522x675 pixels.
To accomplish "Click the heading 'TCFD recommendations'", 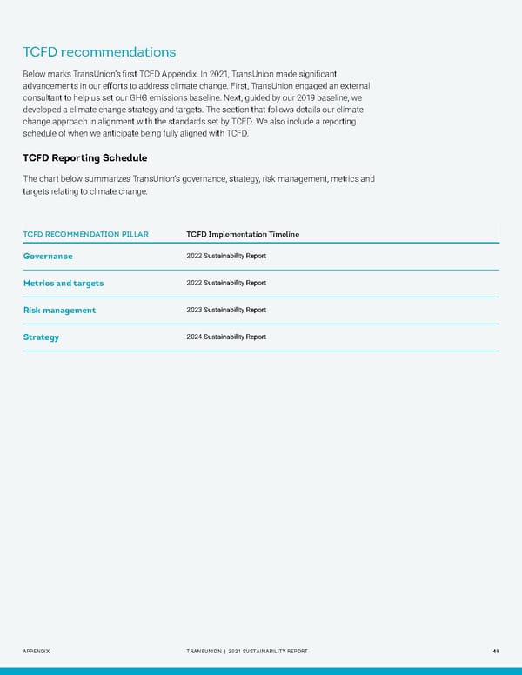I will [99, 52].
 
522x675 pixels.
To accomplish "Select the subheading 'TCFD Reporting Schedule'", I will [84, 157].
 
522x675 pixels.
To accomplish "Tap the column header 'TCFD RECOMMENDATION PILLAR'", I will [85, 234].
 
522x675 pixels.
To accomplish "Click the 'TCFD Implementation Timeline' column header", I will [243, 234].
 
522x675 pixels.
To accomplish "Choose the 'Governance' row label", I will [48, 256].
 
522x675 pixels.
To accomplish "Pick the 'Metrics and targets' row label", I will [64, 283].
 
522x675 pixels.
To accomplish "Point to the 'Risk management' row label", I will [59, 310].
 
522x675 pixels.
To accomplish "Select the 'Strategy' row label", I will [41, 337].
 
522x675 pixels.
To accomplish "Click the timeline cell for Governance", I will [226, 256].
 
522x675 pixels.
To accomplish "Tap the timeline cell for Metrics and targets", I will [226, 283].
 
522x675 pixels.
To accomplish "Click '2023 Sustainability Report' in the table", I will [226, 310].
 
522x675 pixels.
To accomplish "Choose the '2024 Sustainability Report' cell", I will [226, 337].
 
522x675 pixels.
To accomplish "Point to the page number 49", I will [494, 651].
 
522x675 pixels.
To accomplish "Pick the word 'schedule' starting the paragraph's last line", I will [42, 134].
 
